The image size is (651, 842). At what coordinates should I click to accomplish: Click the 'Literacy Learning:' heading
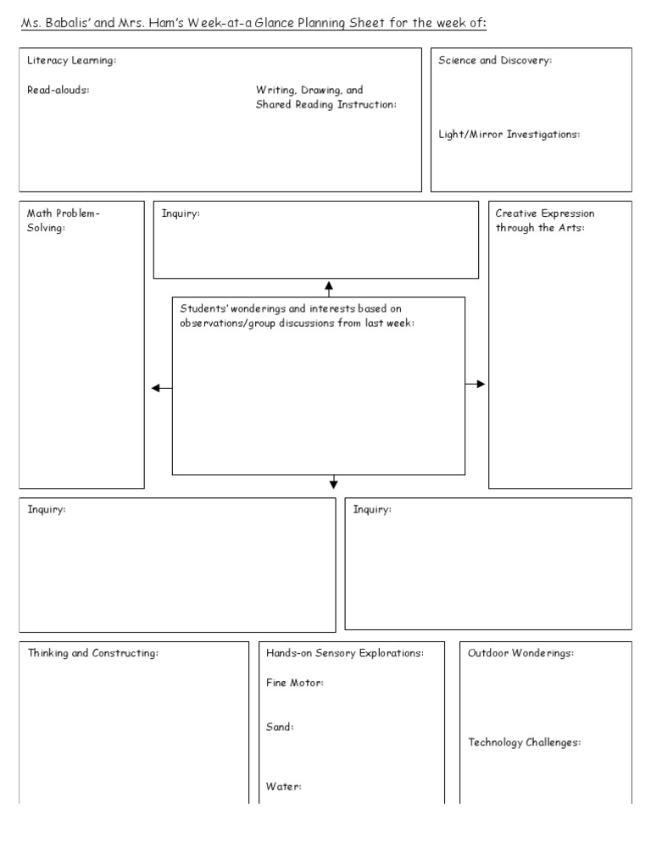[x=71, y=61]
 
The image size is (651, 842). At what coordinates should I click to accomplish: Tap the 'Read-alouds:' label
[x=58, y=91]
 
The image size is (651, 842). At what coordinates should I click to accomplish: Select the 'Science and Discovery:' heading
[x=495, y=61]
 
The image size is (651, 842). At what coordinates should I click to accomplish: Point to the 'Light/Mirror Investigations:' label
[x=509, y=135]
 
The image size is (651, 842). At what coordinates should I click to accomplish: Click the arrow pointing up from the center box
[x=329, y=288]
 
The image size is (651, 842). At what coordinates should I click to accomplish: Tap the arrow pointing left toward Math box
[x=161, y=388]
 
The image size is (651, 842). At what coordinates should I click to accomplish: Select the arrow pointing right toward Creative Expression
[x=476, y=384]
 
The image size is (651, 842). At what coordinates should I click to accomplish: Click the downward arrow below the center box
[x=333, y=481]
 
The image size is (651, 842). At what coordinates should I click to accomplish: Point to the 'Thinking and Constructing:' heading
[x=93, y=653]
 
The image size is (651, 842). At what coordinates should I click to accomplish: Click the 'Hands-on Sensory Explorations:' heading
[x=345, y=653]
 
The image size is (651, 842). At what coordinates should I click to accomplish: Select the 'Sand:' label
[x=280, y=727]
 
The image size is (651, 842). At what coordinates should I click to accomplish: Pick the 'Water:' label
[x=284, y=787]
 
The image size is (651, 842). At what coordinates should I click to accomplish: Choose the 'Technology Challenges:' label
[x=525, y=742]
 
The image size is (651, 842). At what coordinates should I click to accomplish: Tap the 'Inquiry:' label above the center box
[x=181, y=213]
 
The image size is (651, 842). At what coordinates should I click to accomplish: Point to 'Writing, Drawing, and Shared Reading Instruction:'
[x=325, y=97]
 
